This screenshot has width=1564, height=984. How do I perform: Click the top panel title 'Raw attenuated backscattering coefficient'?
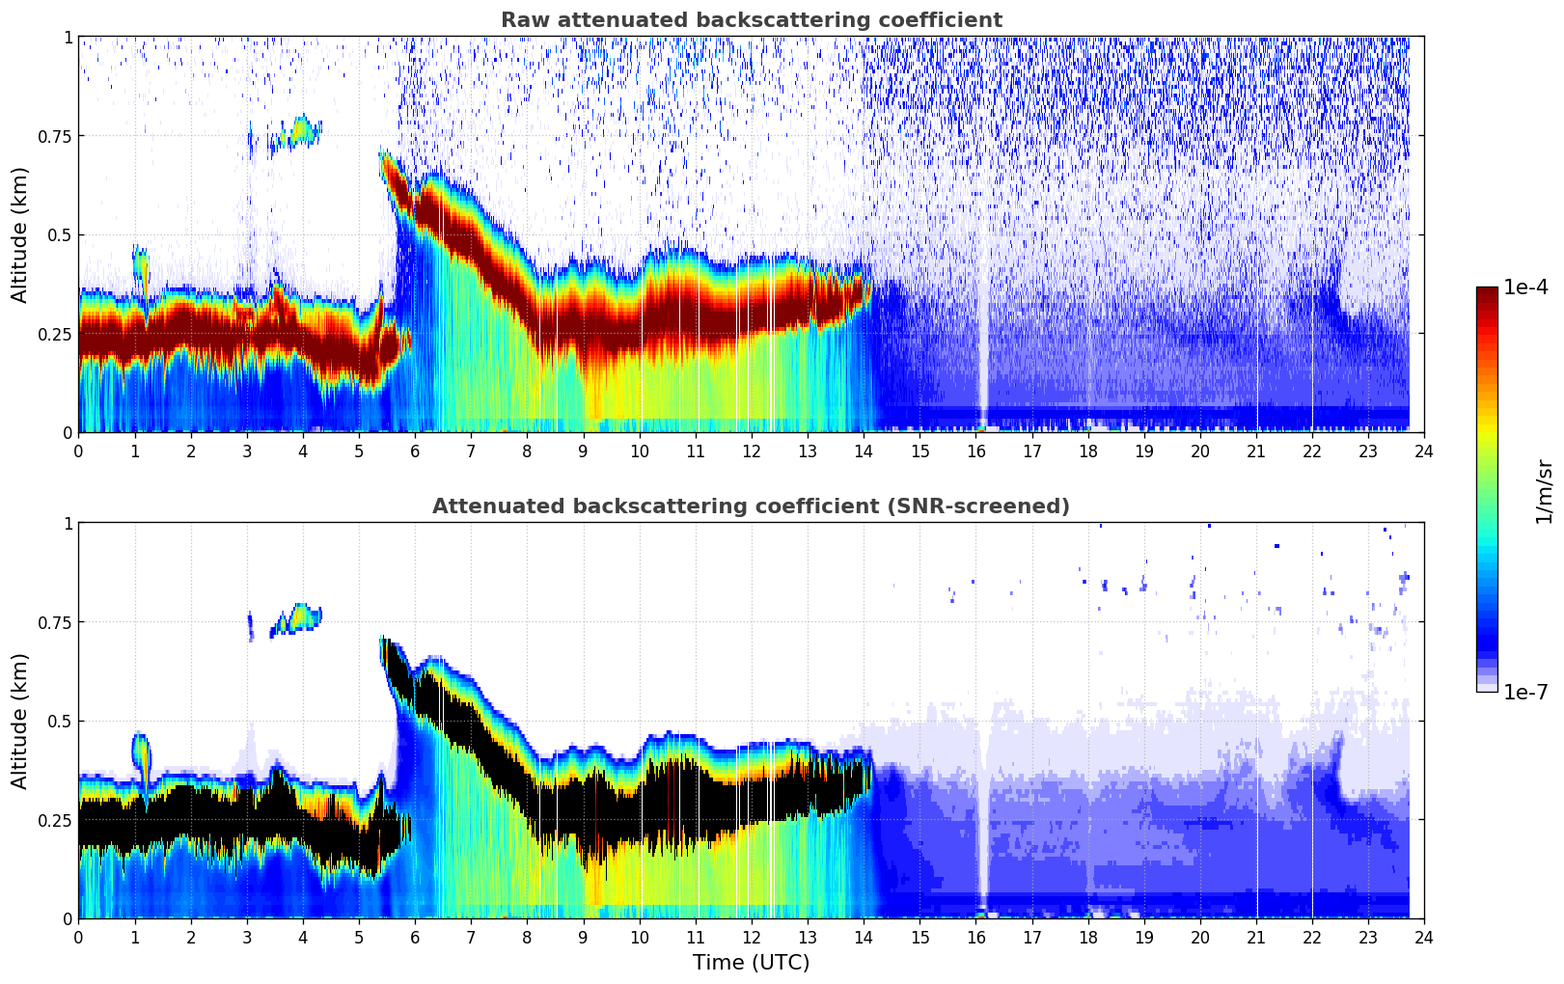point(751,20)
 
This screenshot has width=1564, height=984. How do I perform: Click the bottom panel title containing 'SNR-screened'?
point(751,506)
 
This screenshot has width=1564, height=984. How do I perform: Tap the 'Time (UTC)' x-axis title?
point(751,963)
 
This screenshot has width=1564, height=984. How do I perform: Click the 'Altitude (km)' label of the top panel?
point(20,234)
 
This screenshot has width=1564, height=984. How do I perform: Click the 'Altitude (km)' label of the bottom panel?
point(20,721)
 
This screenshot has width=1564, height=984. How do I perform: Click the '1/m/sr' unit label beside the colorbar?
point(1544,490)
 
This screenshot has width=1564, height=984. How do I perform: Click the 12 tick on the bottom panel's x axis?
point(751,937)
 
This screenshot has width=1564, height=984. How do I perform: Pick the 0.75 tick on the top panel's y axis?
point(55,136)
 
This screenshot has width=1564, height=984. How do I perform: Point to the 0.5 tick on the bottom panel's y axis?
point(60,721)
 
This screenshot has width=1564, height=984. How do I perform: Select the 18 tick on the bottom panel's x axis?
point(1087,937)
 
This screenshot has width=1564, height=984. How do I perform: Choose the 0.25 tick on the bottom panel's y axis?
point(55,820)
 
